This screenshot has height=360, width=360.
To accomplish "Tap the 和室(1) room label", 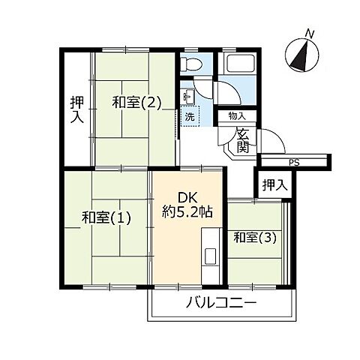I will [x=106, y=218].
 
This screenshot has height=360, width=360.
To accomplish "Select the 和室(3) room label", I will [x=253, y=238].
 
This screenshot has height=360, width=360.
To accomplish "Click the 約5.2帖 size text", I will [x=187, y=212].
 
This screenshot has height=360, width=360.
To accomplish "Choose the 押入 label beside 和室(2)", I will [x=76, y=110].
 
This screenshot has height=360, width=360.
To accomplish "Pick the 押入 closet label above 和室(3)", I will [x=273, y=184].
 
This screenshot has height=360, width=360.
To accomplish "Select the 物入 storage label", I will [x=237, y=115].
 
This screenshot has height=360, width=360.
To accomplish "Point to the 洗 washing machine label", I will [x=190, y=117].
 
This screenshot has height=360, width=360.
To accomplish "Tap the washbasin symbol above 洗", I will [x=187, y=96].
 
